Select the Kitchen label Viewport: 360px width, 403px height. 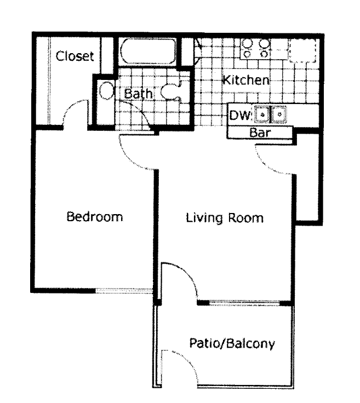click(x=245, y=80)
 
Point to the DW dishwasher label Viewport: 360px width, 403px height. click(x=239, y=115)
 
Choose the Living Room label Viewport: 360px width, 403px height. click(x=225, y=218)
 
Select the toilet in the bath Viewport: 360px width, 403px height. click(x=174, y=91)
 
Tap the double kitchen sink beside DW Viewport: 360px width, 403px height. click(x=271, y=115)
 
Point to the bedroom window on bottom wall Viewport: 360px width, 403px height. click(x=124, y=290)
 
